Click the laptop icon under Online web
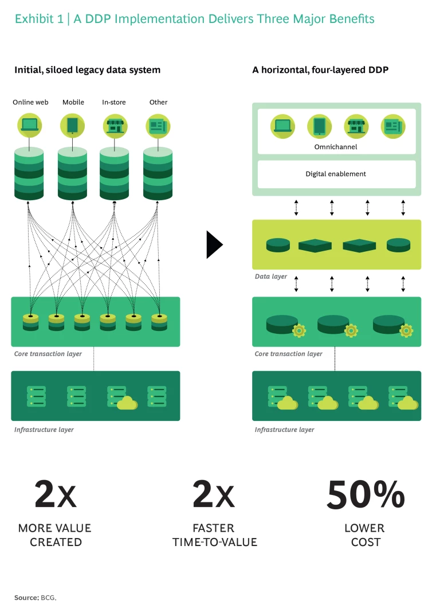pos(29,125)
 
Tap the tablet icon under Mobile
pos(72,125)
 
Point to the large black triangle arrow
pos(214,245)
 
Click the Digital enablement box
pos(336,174)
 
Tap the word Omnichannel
pos(336,147)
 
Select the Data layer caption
pos(271,276)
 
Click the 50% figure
pos(365,495)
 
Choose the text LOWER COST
pos(364,535)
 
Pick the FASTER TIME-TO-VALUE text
pos(214,535)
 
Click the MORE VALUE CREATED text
pos(55,535)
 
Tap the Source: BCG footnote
pos(36,598)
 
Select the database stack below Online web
pos(29,174)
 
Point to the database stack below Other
pos(158,174)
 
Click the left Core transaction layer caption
pos(48,354)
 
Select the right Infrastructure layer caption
pos(284,430)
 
